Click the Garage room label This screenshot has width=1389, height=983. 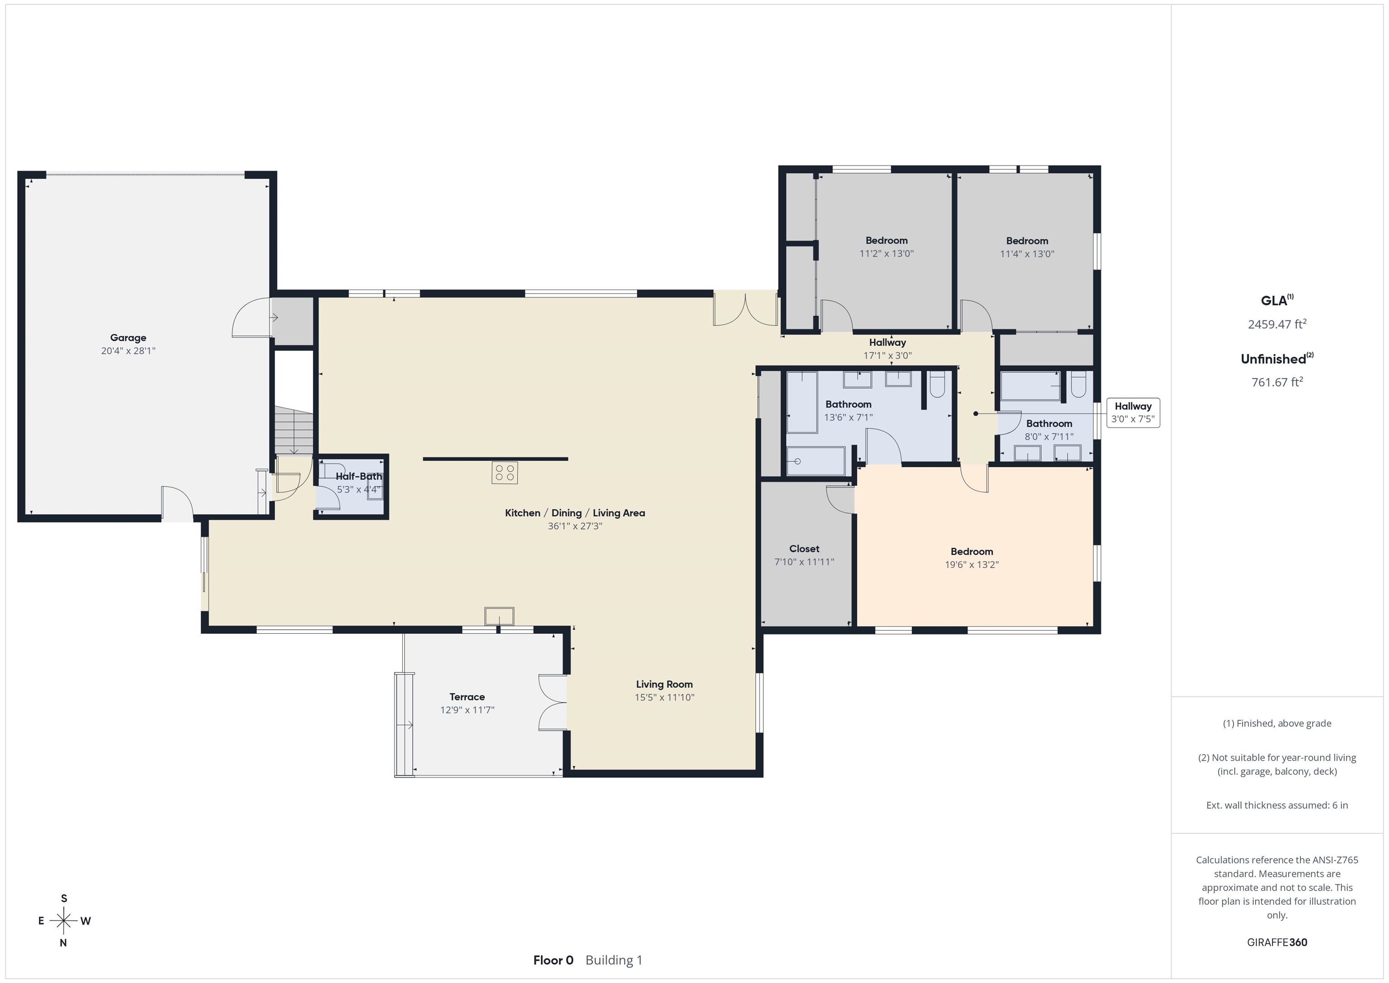tap(128, 338)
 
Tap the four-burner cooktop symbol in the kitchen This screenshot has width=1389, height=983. tap(505, 473)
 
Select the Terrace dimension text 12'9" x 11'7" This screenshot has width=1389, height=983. tap(467, 710)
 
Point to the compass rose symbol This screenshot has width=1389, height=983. tap(63, 921)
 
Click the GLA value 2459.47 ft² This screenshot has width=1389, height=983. tap(1277, 324)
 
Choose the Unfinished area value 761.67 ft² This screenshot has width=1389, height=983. tap(1277, 382)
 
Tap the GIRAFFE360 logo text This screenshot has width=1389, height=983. tap(1277, 942)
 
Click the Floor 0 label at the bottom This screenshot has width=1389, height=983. tap(553, 960)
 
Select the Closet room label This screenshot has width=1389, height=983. tap(804, 548)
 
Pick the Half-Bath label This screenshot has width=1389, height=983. tap(359, 476)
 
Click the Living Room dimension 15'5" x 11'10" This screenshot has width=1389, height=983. tap(664, 697)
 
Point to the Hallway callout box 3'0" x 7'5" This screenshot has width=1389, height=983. tap(1133, 413)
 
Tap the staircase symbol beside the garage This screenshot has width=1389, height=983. tap(294, 430)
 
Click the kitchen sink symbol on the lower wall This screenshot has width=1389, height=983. tap(499, 616)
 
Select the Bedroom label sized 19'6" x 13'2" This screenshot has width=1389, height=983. tap(972, 551)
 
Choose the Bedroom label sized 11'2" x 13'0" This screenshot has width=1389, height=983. tap(886, 240)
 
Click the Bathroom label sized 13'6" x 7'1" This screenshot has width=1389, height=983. tap(848, 404)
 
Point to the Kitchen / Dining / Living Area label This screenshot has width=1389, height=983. tap(575, 513)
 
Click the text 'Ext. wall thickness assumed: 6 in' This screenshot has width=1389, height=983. tap(1277, 805)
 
